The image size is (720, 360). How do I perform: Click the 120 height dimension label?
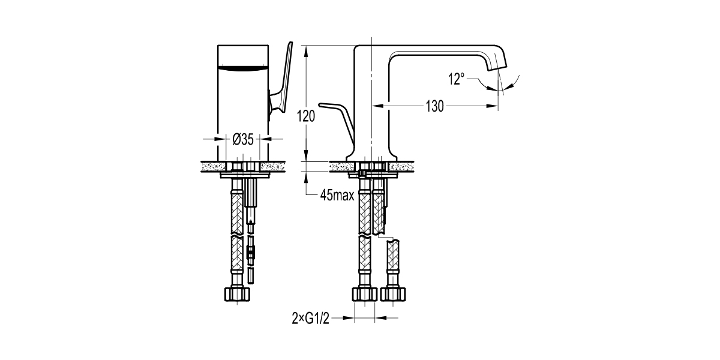coord(307,117)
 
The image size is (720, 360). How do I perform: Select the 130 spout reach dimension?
coord(435,107)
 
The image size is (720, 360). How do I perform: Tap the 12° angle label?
coord(456,79)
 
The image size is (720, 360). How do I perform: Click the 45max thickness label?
coord(337,196)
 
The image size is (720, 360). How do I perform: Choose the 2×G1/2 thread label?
coord(311,318)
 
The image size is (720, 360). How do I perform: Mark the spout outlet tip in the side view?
coord(499,68)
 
